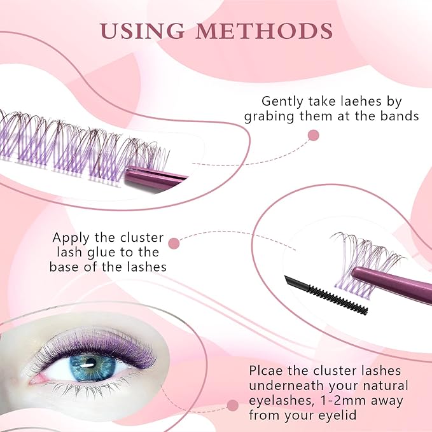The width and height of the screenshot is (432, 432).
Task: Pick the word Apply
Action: tap(71, 238)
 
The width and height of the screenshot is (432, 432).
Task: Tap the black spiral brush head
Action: tap(337, 298)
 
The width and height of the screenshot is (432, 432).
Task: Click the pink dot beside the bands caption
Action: tap(312, 135)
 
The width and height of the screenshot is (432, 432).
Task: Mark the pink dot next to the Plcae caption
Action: tap(233, 405)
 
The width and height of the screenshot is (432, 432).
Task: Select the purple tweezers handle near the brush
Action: tap(388, 280)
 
